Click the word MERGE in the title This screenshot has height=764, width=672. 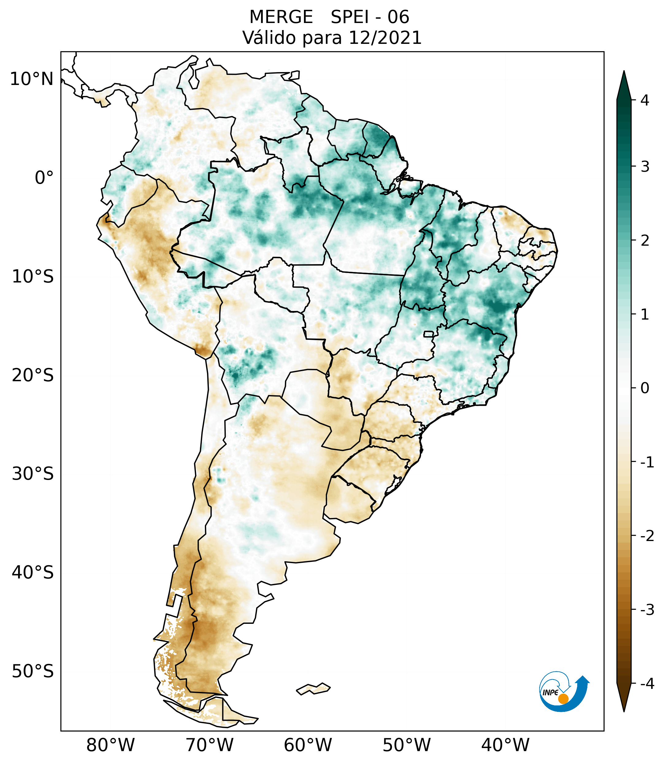[x=281, y=17]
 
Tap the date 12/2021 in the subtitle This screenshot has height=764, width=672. [x=385, y=38]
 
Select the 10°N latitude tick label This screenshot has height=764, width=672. [x=32, y=79]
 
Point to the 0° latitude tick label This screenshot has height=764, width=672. [x=44, y=178]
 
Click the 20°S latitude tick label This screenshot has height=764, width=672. [x=33, y=375]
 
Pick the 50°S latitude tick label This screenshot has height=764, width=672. [x=33, y=671]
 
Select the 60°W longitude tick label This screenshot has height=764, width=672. [x=308, y=745]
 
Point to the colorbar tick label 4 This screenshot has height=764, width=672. [x=645, y=100]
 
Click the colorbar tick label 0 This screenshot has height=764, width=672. [x=645, y=388]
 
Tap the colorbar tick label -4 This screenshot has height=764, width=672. [x=647, y=684]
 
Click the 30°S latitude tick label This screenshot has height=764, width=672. [x=33, y=474]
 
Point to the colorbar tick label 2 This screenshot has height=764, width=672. [x=645, y=241]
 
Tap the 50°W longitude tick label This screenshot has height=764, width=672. [x=406, y=745]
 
